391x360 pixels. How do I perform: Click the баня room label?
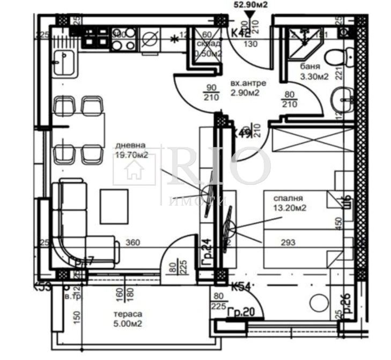pos(310,68)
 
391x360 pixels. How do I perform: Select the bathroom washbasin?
pos(341,99)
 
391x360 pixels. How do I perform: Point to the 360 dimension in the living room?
pos(132,243)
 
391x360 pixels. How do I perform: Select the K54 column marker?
pos(241,288)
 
